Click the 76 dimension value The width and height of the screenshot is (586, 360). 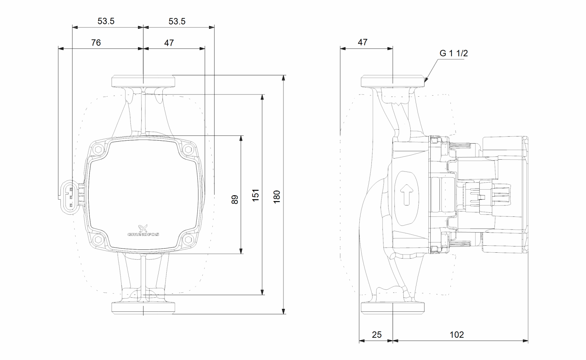[96, 43]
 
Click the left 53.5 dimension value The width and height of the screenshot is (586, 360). [106, 21]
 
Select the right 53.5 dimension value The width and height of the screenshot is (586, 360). [177, 21]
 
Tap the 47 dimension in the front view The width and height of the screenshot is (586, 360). [169, 43]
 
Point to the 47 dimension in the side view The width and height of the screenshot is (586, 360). [362, 42]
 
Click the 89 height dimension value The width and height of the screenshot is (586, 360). [235, 199]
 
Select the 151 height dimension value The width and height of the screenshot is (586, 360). [256, 194]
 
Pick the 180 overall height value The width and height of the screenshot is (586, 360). [277, 197]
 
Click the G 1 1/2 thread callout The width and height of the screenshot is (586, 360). [453, 53]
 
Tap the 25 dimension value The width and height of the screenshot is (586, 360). [377, 334]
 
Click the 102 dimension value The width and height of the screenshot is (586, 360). [456, 334]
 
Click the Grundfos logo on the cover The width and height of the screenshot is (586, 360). [143, 231]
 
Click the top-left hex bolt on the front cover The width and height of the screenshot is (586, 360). [98, 149]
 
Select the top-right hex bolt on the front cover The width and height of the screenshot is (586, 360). [188, 149]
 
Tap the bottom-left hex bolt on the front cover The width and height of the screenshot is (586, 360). [98, 240]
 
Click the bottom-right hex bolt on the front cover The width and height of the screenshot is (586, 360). [188, 240]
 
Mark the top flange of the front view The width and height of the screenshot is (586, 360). [143, 81]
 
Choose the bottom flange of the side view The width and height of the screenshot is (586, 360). [393, 308]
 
